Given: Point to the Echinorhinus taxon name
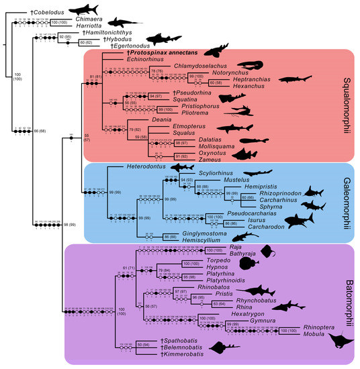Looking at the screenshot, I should [x=146, y=58].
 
